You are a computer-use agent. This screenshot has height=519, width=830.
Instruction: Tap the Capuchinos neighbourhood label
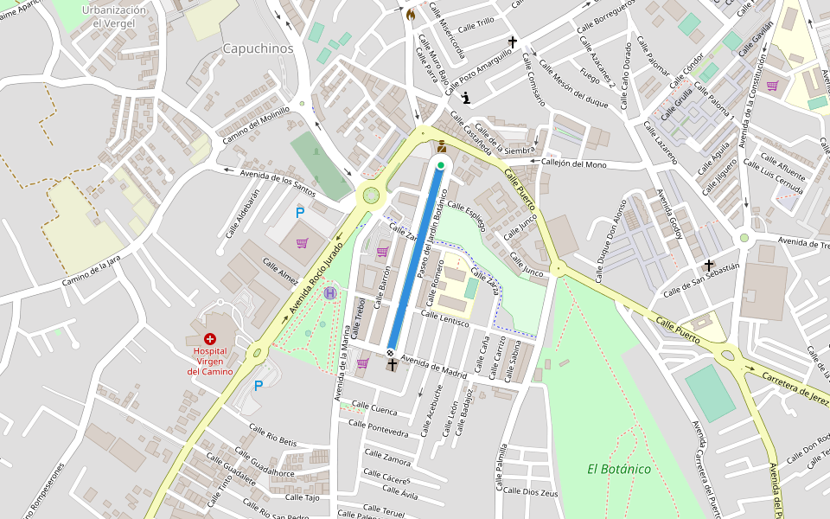point(258,48)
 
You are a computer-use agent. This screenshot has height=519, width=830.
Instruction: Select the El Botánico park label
point(618,469)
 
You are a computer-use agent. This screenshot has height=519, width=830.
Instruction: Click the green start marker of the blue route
point(441,165)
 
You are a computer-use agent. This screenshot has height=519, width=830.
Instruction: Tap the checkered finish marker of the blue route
point(391,352)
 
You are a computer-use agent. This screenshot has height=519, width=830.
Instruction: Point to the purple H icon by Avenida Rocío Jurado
point(329,293)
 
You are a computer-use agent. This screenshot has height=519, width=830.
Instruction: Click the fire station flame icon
point(410,15)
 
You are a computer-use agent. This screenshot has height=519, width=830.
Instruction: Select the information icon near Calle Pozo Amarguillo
point(466,97)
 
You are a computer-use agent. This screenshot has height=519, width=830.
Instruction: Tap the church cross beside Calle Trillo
point(512,42)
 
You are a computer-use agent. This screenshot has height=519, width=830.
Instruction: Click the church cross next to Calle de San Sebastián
point(709,266)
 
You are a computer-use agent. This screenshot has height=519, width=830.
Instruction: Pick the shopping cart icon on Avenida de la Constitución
point(772,86)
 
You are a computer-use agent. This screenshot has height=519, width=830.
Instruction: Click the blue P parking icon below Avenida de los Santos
point(300,213)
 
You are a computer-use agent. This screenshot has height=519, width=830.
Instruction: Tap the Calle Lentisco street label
point(444,318)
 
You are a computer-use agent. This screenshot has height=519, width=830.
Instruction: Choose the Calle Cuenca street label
point(374,407)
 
